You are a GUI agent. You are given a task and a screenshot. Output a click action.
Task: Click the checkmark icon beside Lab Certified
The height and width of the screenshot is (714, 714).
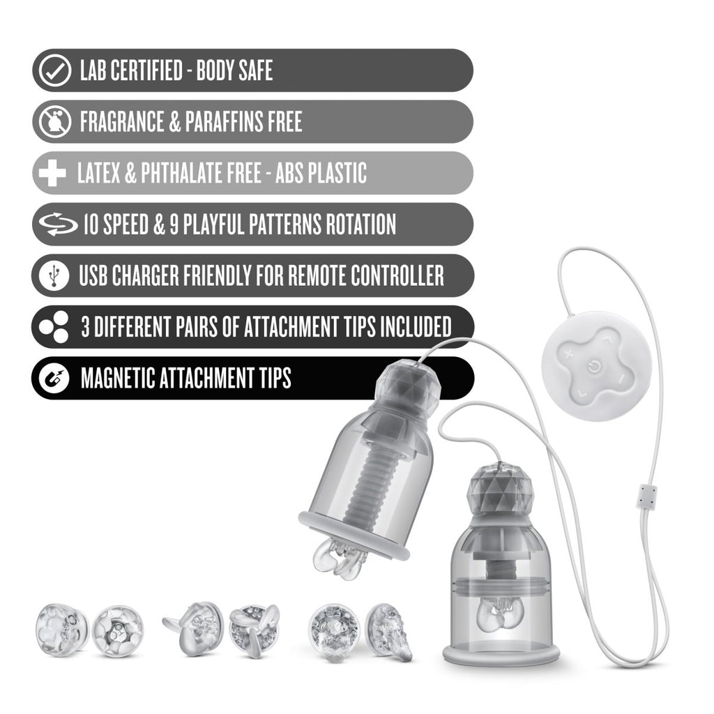[x=54, y=71]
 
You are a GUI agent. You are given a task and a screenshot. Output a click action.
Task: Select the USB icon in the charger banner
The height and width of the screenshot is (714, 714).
[x=54, y=275]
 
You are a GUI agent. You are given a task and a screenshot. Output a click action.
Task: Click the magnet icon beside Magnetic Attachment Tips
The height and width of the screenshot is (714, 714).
[x=54, y=379]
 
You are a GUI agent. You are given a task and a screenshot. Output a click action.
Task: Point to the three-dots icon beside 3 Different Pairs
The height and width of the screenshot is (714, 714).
[x=54, y=327]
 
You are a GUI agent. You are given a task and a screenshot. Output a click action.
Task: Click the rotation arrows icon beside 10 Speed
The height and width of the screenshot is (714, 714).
[x=54, y=225]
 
